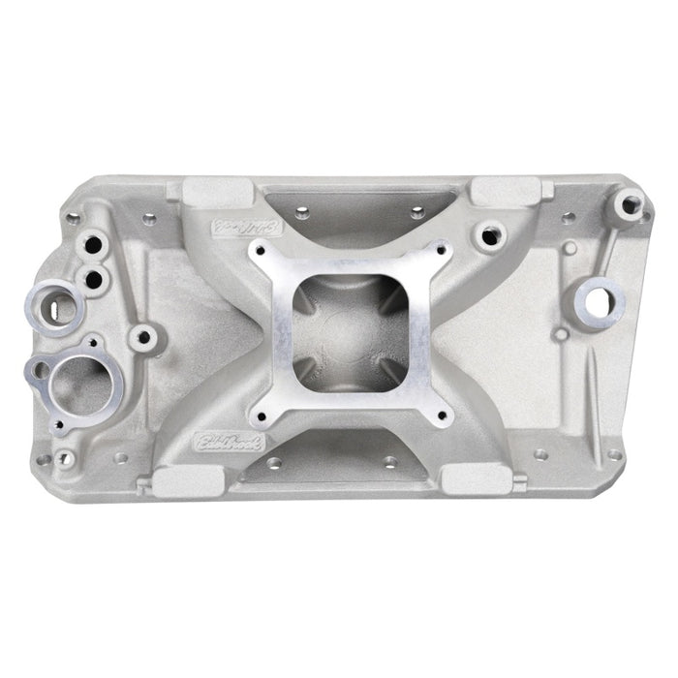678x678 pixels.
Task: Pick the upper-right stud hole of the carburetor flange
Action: pyautogui.click(x=441, y=251)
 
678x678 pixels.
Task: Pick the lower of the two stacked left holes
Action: pyautogui.click(x=95, y=280)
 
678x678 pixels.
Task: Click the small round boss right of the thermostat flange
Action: pyautogui.click(x=144, y=337)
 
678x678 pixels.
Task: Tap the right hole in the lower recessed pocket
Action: pyautogui.click(x=389, y=462)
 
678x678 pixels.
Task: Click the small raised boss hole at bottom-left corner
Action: pyautogui.click(x=64, y=457)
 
